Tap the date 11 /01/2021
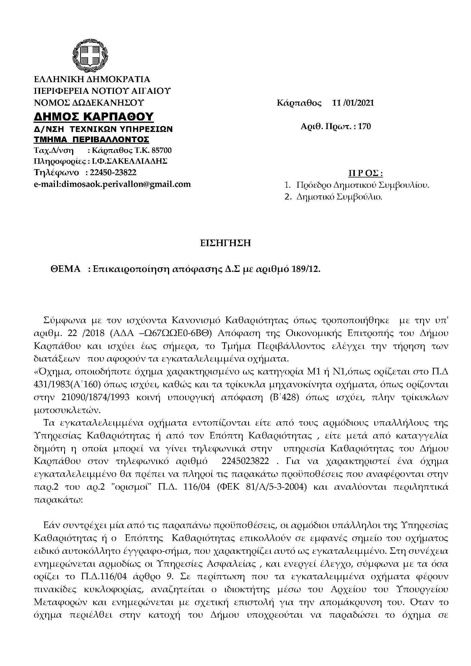[x=353, y=103]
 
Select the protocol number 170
[x=365, y=127]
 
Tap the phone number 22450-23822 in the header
[x=113, y=173]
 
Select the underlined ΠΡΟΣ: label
[x=365, y=173]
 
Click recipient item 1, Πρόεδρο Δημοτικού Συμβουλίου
[x=363, y=185]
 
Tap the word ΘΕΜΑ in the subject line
[x=66, y=269]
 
